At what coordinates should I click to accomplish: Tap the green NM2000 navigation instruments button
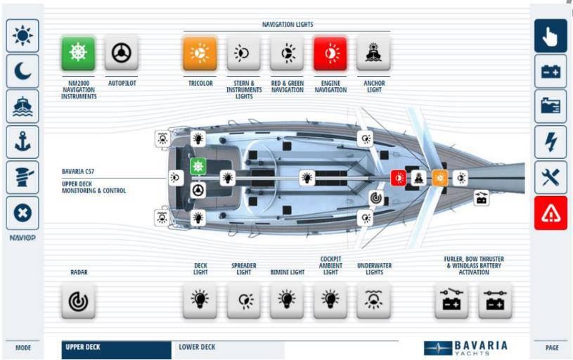point(78,53)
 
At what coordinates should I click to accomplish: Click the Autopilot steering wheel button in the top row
point(122,53)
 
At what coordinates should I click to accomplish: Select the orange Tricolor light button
point(200,53)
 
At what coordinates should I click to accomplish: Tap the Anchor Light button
point(373,53)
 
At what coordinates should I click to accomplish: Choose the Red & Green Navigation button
point(287,53)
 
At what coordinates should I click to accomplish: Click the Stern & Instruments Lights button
point(243,53)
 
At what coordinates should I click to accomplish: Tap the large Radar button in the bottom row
point(78,300)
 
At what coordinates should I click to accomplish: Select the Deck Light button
point(200,300)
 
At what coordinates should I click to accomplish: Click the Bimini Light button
point(287,300)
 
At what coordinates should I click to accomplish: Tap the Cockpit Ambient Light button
point(330,300)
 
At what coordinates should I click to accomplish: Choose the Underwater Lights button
point(373,300)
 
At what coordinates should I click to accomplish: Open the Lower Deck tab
point(228,347)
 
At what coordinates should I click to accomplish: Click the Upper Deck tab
point(116,347)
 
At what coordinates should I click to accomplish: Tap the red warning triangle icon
point(551,212)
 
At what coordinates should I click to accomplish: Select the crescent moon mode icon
point(22,70)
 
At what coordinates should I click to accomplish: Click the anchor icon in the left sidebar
point(22,141)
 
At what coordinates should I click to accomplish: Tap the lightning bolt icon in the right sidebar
point(551,141)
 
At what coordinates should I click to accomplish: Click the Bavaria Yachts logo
point(465,348)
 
